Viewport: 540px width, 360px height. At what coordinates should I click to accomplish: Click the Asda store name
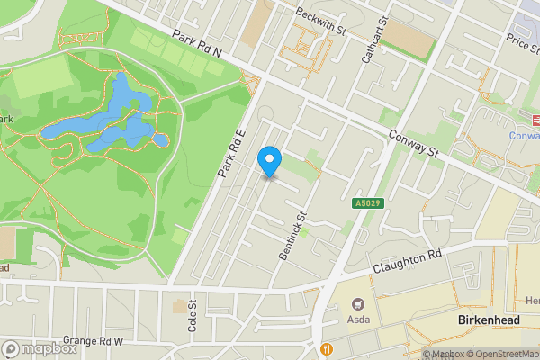(x=360, y=319)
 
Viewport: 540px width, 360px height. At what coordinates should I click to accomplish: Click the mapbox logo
(x=38, y=348)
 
